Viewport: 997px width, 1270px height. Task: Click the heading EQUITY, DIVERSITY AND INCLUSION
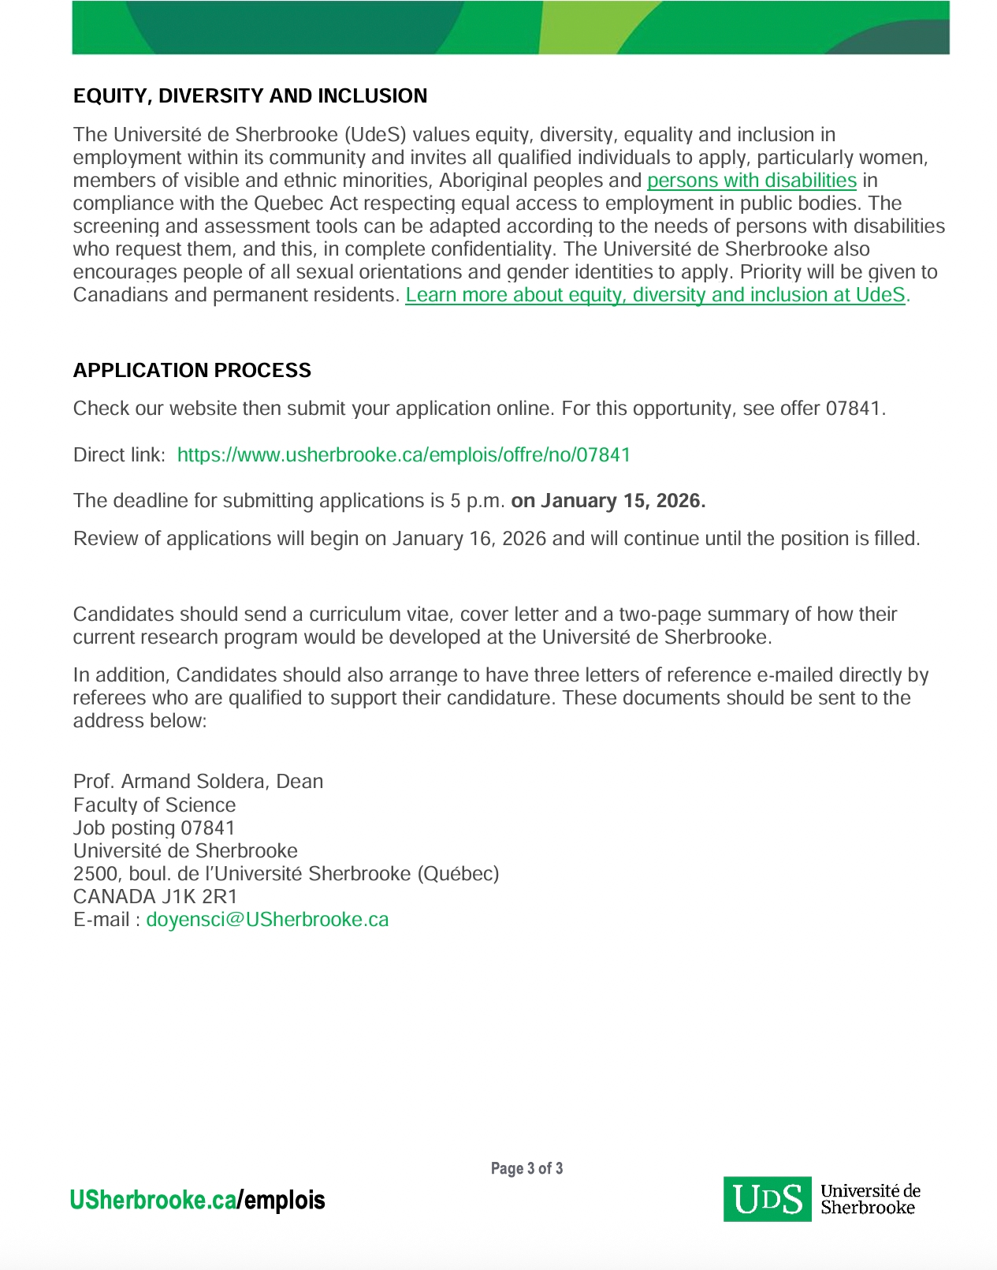(250, 96)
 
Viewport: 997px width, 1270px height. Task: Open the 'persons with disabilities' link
(751, 181)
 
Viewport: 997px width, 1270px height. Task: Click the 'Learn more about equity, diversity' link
(655, 295)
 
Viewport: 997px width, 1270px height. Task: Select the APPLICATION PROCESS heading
(192, 371)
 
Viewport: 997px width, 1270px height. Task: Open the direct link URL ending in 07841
(404, 455)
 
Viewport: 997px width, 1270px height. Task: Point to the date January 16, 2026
(469, 539)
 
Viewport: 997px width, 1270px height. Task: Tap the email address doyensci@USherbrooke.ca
(267, 920)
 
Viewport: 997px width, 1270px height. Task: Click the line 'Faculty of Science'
(154, 805)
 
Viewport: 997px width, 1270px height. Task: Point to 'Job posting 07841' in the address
(154, 828)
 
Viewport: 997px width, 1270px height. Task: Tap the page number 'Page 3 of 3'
(526, 1168)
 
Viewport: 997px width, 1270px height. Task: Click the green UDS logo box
(767, 1200)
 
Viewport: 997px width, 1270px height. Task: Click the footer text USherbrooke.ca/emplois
(197, 1201)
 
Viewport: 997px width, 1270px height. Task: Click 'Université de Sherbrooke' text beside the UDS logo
(869, 1199)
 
